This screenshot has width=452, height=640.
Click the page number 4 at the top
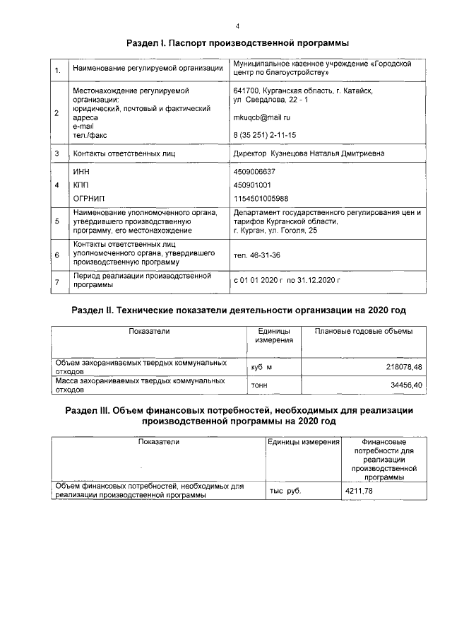pos(237,26)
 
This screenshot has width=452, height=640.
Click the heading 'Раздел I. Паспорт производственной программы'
pos(237,45)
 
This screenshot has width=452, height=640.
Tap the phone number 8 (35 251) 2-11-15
pos(265,135)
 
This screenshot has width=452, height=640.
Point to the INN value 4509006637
pos(254,172)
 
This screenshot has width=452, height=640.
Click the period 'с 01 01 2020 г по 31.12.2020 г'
pos(287,280)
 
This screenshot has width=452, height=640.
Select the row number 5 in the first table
pos(56,222)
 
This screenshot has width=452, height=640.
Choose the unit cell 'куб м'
pos(261,368)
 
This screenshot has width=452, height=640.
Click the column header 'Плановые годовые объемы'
pos(364,332)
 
